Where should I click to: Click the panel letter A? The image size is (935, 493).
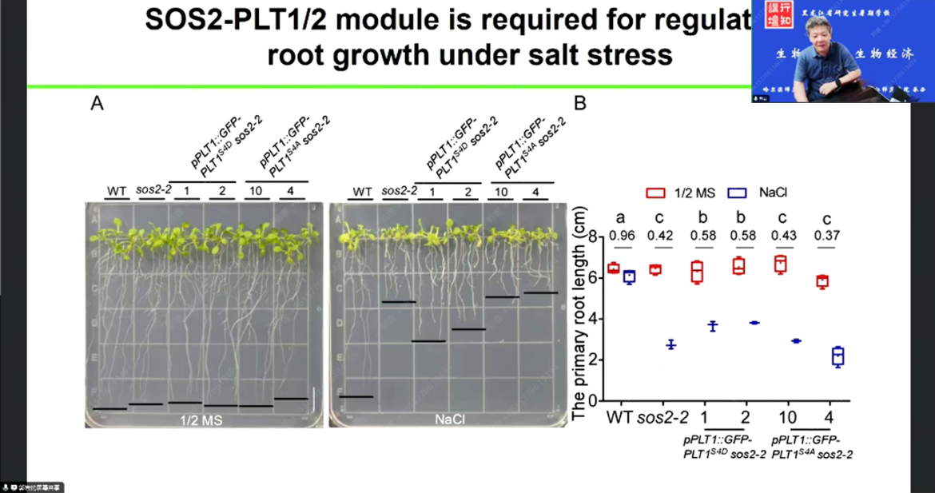(97, 104)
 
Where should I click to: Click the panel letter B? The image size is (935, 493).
(581, 104)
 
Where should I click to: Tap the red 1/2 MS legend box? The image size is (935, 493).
(655, 193)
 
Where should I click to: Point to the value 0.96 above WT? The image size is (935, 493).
(621, 236)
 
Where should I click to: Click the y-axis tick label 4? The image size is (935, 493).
(592, 319)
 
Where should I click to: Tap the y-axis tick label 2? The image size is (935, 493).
(592, 360)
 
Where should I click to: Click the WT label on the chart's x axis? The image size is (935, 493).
(620, 417)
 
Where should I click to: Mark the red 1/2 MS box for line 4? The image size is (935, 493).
(822, 281)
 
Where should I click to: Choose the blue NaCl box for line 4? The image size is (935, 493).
(838, 356)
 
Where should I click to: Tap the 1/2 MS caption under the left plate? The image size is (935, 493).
(199, 419)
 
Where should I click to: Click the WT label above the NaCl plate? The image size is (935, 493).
(362, 192)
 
